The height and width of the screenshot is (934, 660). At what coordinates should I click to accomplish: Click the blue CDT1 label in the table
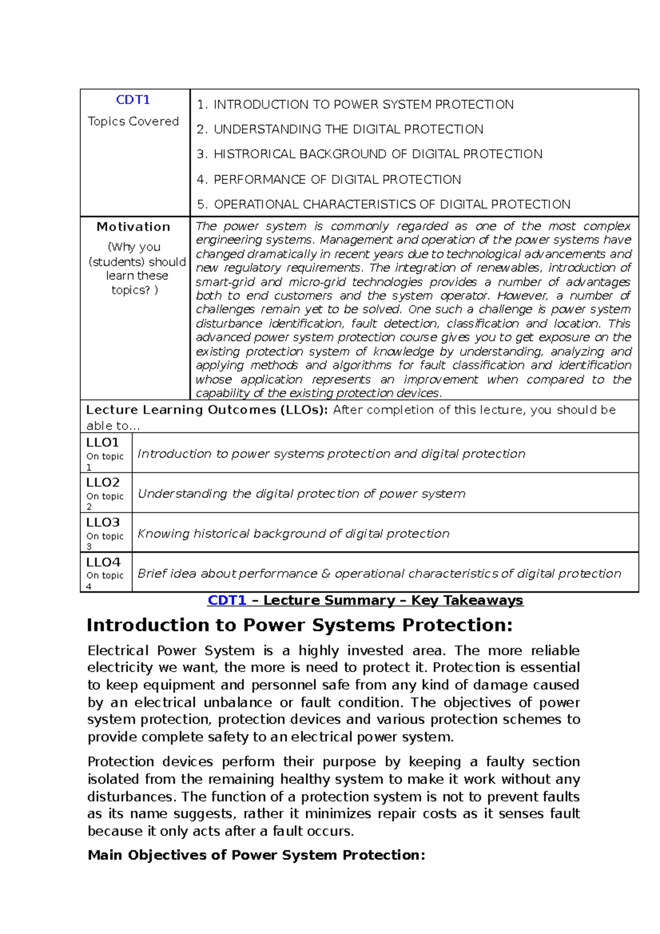point(133,100)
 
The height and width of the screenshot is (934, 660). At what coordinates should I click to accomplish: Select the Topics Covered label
point(133,121)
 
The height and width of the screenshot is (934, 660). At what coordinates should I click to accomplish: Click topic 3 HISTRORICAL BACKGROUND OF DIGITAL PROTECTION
point(370,154)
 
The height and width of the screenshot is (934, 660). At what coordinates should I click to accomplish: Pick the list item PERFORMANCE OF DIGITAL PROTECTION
point(329,179)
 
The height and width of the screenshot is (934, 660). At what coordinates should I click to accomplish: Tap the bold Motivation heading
point(133,227)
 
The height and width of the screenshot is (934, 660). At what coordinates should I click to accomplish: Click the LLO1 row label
point(103,442)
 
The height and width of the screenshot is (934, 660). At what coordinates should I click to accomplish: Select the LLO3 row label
point(103,522)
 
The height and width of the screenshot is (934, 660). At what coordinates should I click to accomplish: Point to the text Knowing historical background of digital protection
point(293,534)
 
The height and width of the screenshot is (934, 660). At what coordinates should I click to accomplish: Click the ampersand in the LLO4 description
point(326,574)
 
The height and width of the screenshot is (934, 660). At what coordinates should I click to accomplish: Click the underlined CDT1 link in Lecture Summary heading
point(227,600)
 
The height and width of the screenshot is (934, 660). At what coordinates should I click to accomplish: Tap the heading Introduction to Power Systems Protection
point(300,625)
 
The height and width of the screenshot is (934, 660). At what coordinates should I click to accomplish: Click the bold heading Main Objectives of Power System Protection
point(256,855)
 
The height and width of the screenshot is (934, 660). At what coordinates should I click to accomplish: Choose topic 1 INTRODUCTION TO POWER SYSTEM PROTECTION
point(355,105)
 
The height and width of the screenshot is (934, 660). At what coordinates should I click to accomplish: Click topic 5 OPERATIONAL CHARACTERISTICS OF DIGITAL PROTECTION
point(383,205)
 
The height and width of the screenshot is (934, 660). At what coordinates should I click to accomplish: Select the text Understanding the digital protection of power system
point(301,494)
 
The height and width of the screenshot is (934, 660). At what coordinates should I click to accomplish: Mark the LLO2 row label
point(103,482)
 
